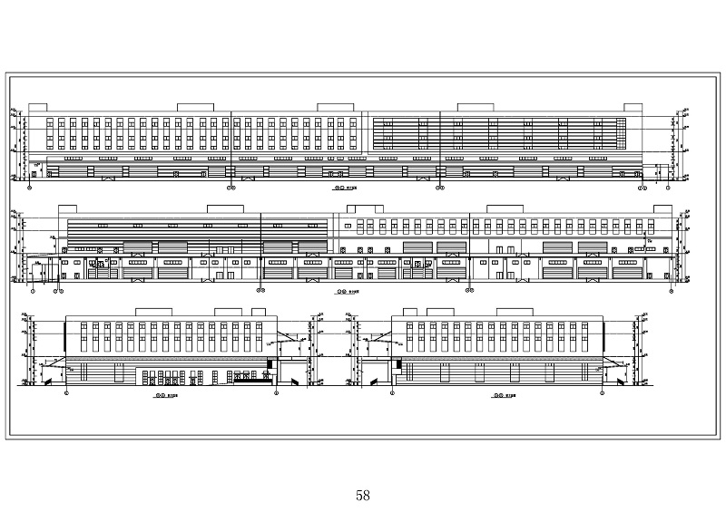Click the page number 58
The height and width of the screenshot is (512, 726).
pyautogui.click(x=363, y=495)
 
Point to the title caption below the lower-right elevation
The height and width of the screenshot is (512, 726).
pyautogui.click(x=498, y=396)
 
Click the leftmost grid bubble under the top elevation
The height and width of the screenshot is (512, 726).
pyautogui.click(x=32, y=188)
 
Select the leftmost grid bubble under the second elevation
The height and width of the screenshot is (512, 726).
pyautogui.click(x=34, y=292)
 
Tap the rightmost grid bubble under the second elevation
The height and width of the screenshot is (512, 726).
pyautogui.click(x=670, y=292)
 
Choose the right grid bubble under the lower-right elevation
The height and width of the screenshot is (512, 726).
pyautogui.click(x=603, y=394)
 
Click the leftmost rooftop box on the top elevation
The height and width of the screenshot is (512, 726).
pyautogui.click(x=39, y=107)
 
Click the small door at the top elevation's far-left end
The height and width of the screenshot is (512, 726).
pyautogui.click(x=36, y=169)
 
